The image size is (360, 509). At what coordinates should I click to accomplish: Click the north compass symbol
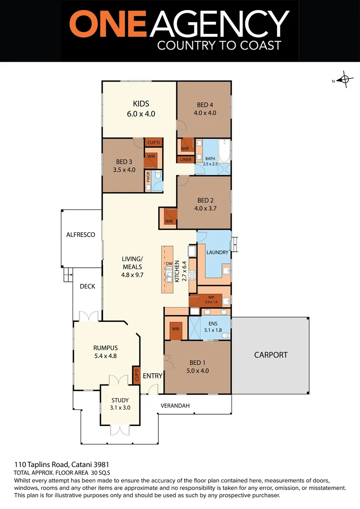click(345, 80)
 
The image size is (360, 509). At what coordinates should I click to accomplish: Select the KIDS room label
click(141, 104)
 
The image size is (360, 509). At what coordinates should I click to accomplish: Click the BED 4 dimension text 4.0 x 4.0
click(205, 113)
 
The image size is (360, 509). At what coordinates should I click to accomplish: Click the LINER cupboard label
click(185, 160)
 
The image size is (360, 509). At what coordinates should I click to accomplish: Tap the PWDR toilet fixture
click(159, 176)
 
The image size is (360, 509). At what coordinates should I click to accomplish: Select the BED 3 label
click(124, 162)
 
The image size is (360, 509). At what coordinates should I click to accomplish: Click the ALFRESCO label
click(81, 234)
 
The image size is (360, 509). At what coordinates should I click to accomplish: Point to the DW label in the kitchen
click(168, 264)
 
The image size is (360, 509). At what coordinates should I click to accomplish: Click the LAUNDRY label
click(217, 252)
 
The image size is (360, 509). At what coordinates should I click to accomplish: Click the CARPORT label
click(270, 355)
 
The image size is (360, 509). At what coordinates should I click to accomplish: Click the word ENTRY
click(152, 376)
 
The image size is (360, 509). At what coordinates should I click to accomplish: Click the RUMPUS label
click(106, 348)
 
